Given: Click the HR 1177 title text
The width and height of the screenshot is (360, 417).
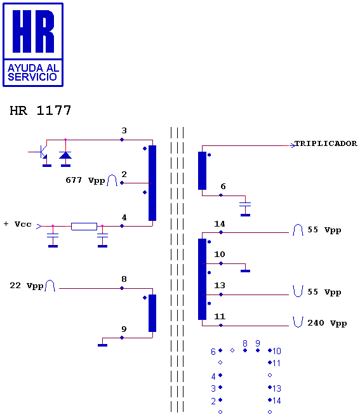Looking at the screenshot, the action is [x=40, y=110].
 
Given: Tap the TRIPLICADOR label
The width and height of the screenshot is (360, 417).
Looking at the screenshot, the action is [x=326, y=143].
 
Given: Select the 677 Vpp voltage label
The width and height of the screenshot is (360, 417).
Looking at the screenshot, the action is [x=85, y=180].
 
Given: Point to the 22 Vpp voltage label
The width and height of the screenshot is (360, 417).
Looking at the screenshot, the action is [x=26, y=286].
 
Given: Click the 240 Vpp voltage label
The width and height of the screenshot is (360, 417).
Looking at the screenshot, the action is [x=327, y=323].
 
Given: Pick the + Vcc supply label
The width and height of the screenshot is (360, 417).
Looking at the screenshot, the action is [x=18, y=224].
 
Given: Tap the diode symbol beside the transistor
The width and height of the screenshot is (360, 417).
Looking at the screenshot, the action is [x=65, y=155].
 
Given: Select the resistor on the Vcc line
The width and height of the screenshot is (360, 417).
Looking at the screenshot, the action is [x=84, y=227].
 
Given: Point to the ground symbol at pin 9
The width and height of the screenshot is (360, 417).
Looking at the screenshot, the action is [x=102, y=345].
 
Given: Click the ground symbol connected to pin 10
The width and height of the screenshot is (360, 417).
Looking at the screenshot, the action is [x=245, y=271].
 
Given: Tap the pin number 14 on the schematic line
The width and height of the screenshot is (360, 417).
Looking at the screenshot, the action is [x=220, y=224].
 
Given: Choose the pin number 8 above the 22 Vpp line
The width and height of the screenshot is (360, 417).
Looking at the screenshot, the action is [x=124, y=279].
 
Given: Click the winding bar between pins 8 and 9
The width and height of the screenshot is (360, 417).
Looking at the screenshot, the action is [x=152, y=313].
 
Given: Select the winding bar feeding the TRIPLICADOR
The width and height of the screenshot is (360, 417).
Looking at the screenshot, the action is [x=202, y=171].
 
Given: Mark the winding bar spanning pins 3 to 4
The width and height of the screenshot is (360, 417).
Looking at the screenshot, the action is [x=152, y=183].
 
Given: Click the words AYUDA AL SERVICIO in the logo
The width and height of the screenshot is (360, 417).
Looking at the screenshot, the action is [x=33, y=72].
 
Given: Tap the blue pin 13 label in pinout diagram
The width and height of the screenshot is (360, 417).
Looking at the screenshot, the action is [x=277, y=388].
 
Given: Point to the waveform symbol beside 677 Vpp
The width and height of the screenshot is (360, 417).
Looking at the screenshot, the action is [x=112, y=180].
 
